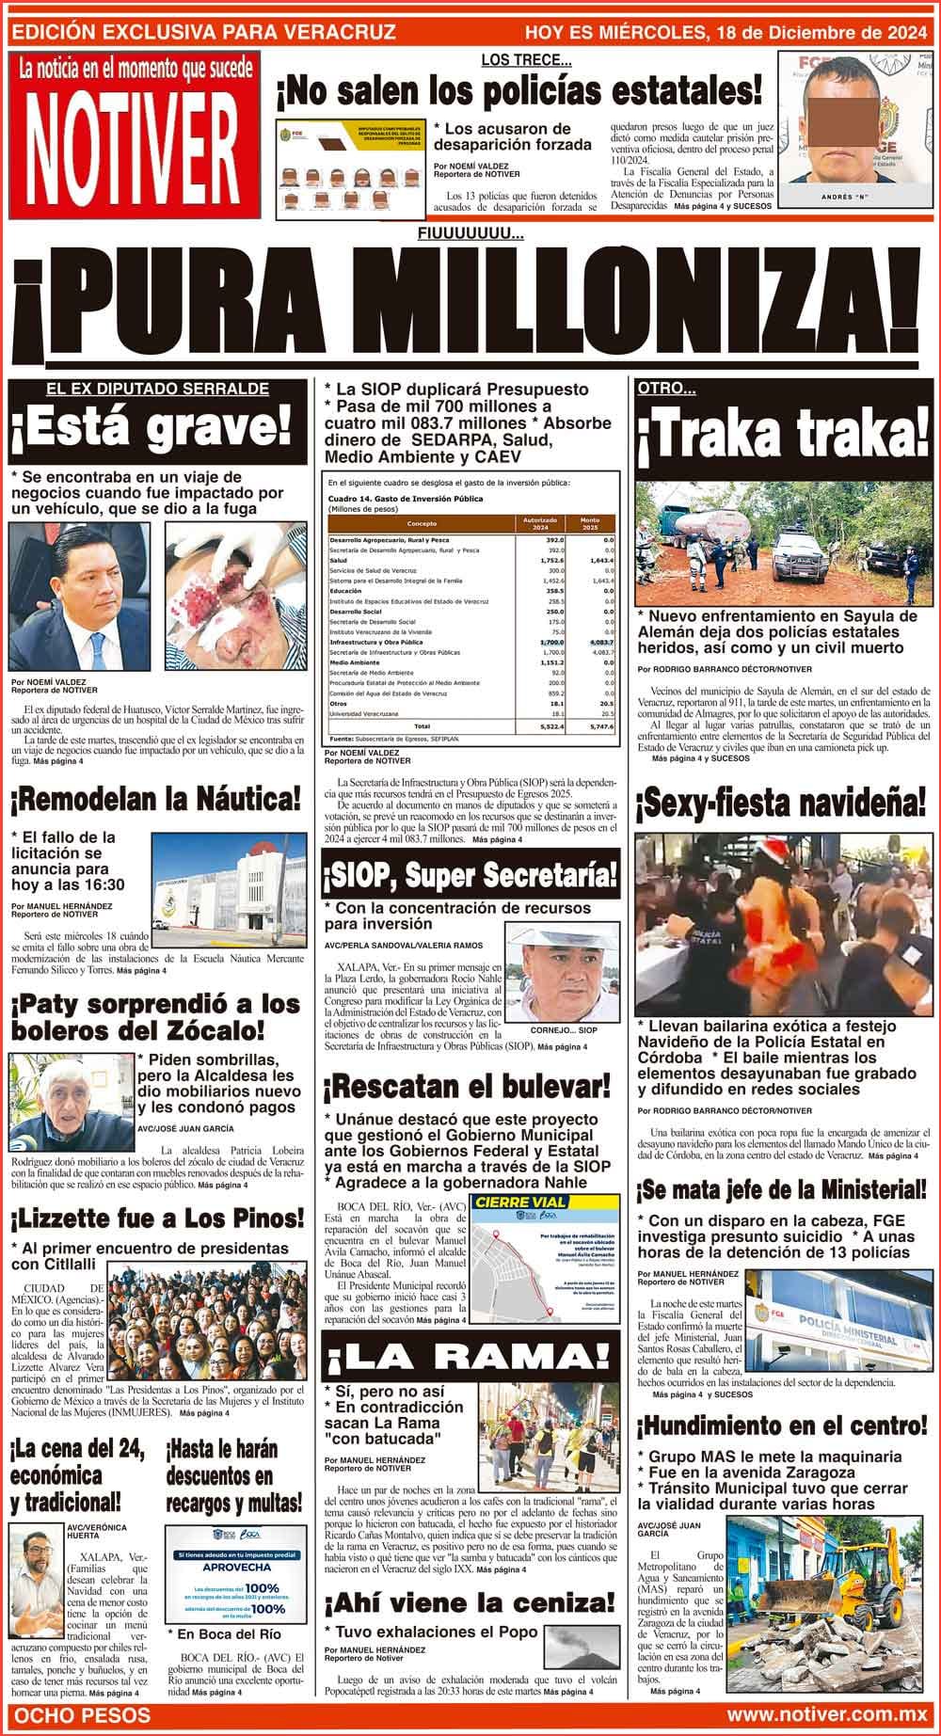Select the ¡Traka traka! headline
[784, 431]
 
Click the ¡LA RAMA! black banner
[470, 1356]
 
